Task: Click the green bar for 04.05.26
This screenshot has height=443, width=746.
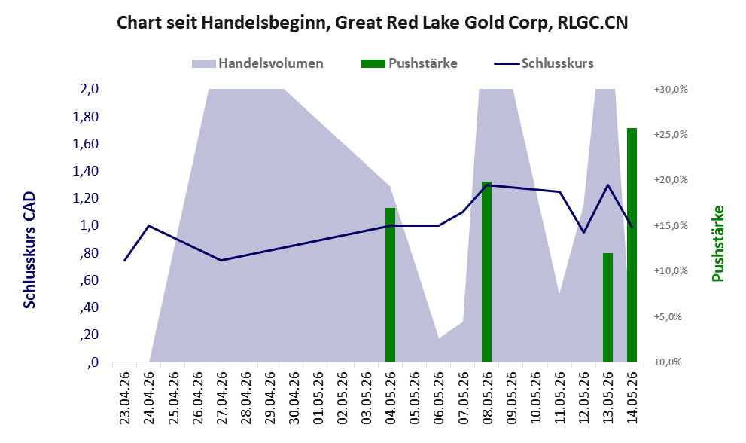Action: (390, 285)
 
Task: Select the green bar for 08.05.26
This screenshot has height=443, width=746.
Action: (486, 271)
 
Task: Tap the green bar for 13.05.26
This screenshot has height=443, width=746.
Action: (607, 307)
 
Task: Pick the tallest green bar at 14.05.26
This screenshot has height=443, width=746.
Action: (632, 245)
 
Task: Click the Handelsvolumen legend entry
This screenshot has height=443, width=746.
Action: (257, 63)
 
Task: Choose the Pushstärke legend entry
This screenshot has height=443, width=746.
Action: (410, 63)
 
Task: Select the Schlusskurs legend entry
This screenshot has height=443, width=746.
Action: (544, 63)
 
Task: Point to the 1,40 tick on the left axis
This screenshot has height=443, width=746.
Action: (86, 171)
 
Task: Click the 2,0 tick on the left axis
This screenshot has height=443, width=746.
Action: (90, 89)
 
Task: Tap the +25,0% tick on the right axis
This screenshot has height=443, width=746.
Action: (671, 135)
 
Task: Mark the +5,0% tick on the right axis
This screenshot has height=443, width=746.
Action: (668, 316)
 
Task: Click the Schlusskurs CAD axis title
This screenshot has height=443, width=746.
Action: (29, 249)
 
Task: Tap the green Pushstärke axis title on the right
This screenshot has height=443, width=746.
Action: (717, 243)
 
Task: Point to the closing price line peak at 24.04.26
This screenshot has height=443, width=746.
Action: (149, 226)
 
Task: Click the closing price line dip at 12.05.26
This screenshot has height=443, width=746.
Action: (583, 233)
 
